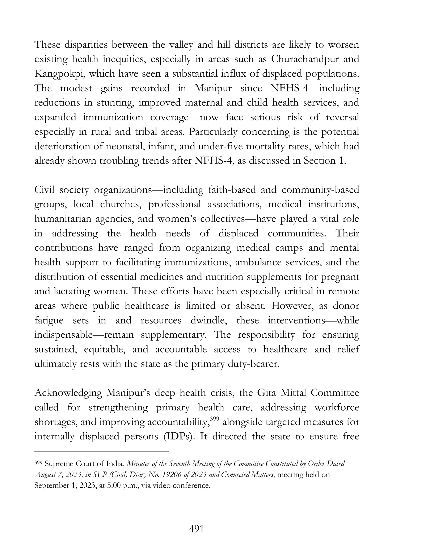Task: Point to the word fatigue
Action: [49, 320]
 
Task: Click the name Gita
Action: [266, 393]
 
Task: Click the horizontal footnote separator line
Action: [102, 451]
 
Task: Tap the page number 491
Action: [196, 529]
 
